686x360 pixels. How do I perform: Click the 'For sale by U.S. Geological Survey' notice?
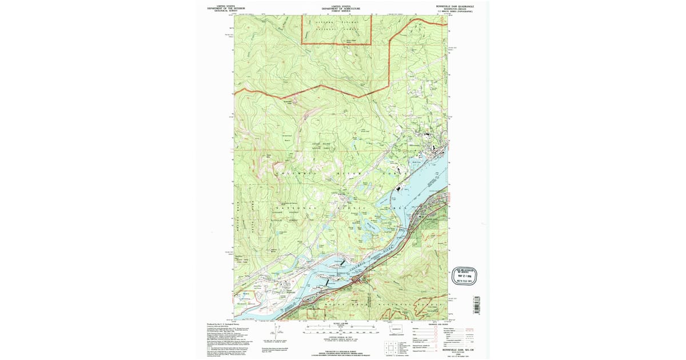click(342, 350)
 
